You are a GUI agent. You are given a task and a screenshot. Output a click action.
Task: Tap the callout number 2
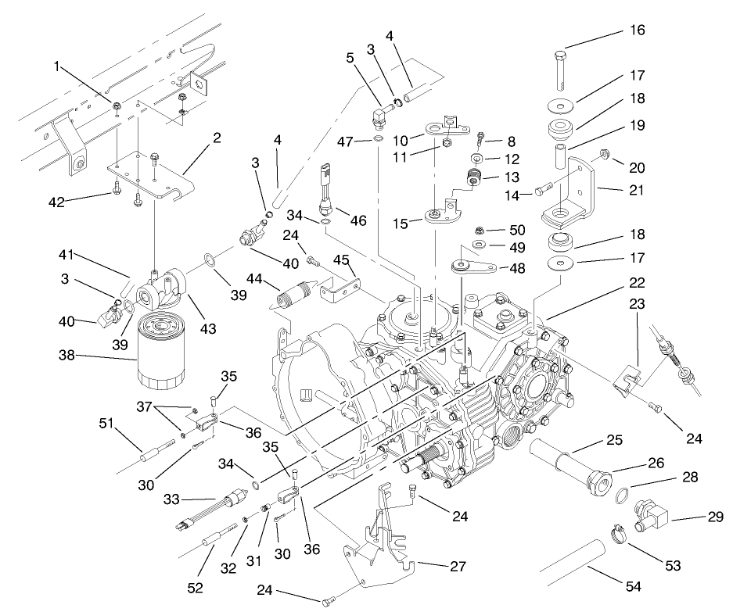point(217,138)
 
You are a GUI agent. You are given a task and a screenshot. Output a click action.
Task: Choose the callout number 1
point(56,67)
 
